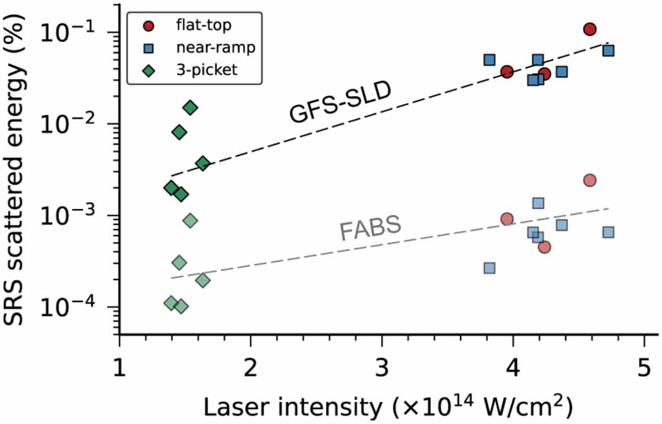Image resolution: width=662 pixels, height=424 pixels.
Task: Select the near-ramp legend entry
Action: pos(194,48)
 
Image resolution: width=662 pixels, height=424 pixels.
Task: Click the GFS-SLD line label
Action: pos(340,103)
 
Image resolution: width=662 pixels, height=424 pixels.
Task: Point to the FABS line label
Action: pos(371,228)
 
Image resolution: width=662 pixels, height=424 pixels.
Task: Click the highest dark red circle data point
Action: pos(589,29)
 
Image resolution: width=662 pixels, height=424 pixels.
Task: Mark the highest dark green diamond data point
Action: pos(190,108)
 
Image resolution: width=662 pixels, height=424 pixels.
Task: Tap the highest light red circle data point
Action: pos(589,180)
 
